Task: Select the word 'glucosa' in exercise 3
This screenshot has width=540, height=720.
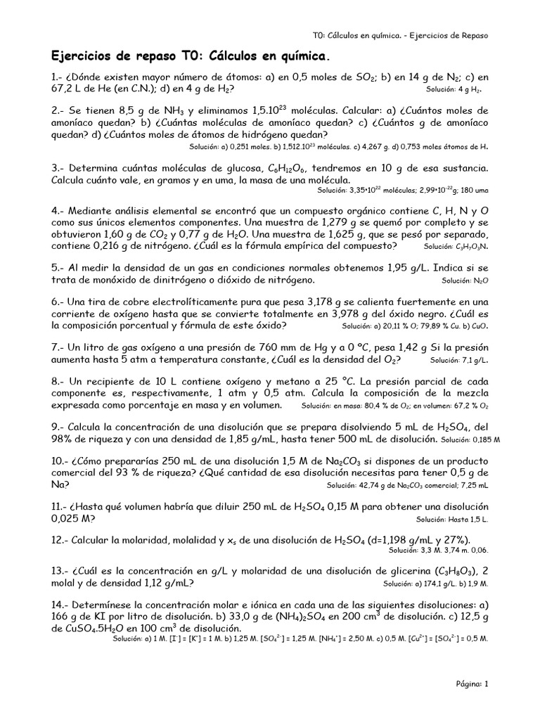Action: pos(240,169)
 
